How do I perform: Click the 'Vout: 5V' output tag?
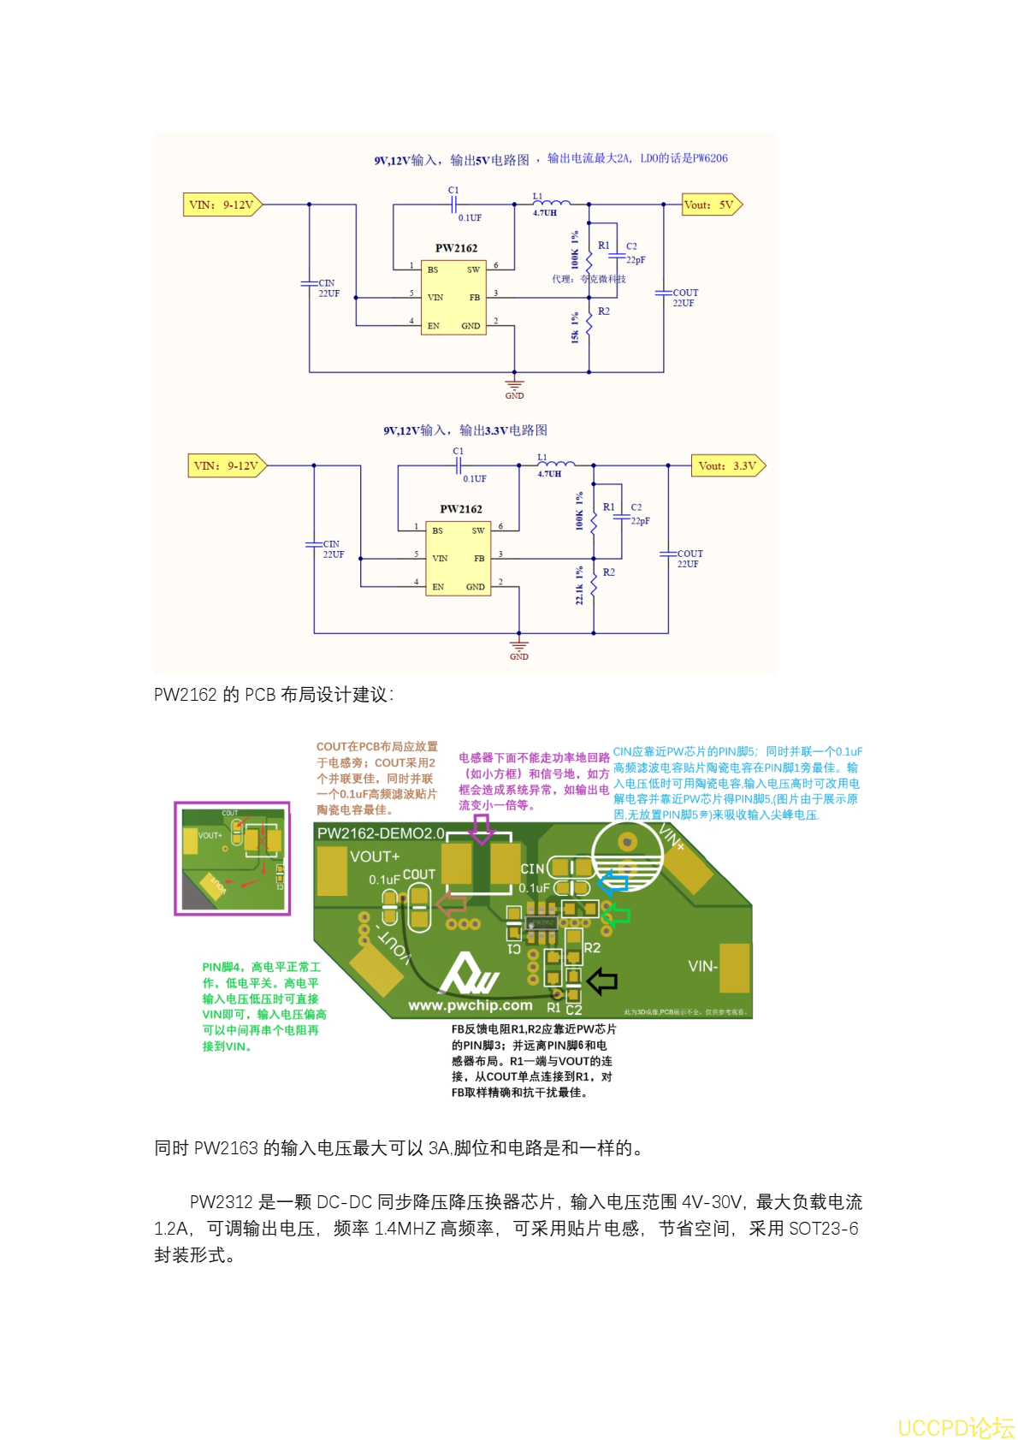tap(711, 204)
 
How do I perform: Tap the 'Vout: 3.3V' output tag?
tap(727, 466)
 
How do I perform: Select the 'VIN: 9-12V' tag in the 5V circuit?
tap(222, 204)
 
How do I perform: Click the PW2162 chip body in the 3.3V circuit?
tap(458, 558)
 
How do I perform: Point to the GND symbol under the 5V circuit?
tap(514, 387)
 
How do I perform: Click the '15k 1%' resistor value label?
tap(575, 328)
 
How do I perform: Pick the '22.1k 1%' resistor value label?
tap(579, 585)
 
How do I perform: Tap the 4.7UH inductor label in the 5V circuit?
tap(545, 213)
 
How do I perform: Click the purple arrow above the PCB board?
tap(482, 828)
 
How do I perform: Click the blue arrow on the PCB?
tap(613, 882)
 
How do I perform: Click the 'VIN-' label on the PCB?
tap(702, 966)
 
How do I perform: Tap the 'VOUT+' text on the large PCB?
tap(375, 856)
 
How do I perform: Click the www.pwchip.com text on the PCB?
tap(470, 1005)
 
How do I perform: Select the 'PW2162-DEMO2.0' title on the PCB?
tap(381, 833)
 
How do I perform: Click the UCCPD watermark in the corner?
tap(955, 1427)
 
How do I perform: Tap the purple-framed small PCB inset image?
tap(233, 858)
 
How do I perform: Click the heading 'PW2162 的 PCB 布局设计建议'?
tap(274, 695)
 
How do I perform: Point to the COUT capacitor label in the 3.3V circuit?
tap(690, 554)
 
